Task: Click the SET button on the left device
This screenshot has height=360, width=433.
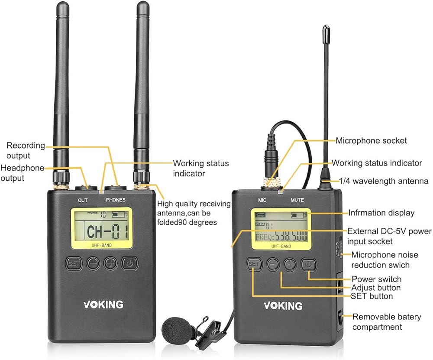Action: tap(74, 263)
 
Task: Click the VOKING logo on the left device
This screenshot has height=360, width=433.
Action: tap(103, 304)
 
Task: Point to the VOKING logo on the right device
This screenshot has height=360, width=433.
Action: tap(283, 305)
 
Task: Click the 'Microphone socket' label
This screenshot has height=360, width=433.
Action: tap(372, 140)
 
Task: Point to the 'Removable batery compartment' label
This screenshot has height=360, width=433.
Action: tap(386, 322)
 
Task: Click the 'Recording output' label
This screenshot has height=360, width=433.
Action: tap(25, 150)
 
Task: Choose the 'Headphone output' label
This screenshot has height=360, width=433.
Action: tap(23, 173)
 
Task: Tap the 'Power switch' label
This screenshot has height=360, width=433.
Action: tap(376, 279)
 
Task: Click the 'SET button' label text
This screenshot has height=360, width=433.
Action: tap(372, 296)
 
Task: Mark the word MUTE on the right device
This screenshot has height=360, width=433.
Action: tap(297, 200)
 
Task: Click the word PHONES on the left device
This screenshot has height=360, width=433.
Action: tap(115, 200)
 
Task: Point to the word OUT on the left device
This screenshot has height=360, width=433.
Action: tap(82, 200)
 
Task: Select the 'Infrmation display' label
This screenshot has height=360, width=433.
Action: tap(381, 213)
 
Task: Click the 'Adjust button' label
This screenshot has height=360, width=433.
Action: tap(376, 288)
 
